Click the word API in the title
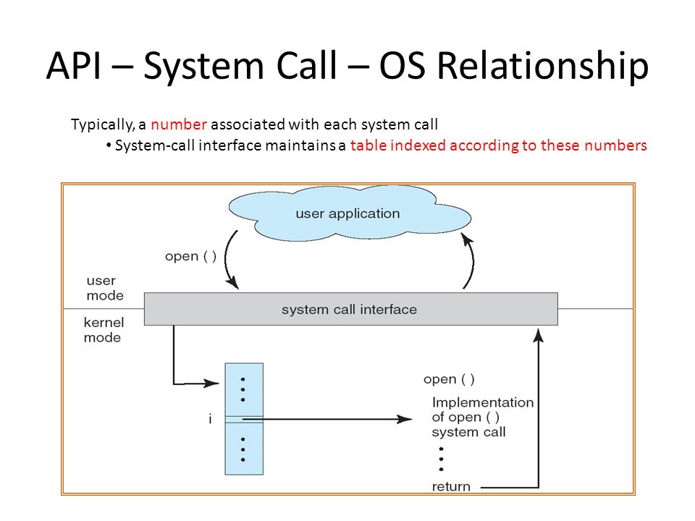click(x=74, y=66)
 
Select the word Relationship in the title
click(x=543, y=67)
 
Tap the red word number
click(x=179, y=124)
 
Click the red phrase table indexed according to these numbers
click(x=499, y=145)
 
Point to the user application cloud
click(x=349, y=213)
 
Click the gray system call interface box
click(x=351, y=309)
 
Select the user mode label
click(x=105, y=288)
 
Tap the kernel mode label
click(x=104, y=330)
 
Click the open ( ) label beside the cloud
click(x=190, y=256)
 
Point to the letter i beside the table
click(x=210, y=419)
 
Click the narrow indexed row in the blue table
click(x=244, y=420)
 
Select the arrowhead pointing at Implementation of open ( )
click(x=404, y=419)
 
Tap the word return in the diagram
click(x=451, y=487)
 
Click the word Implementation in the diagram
click(x=483, y=402)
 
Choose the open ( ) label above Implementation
click(x=449, y=379)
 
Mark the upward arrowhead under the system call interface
click(x=539, y=336)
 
